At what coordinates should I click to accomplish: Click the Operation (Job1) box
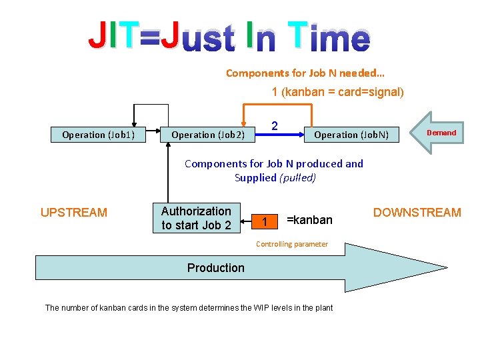pos(98,135)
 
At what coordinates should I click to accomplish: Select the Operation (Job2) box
pos(208,135)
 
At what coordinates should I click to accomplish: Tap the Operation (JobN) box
pos(356,135)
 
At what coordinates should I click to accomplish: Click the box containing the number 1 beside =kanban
pos(265,221)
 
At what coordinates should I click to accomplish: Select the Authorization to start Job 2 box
pos(196,218)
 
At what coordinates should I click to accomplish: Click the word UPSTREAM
pos(73,213)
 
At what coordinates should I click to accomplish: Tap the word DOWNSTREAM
pos(417,213)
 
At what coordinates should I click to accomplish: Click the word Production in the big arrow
pos(215,268)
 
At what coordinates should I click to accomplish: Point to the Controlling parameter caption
pos(292,244)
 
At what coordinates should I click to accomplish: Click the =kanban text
pos(309,220)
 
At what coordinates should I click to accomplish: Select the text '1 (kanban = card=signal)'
pos(337,92)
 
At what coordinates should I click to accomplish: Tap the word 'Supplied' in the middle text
pos(255,177)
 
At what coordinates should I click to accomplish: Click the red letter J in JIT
pos(97,36)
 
